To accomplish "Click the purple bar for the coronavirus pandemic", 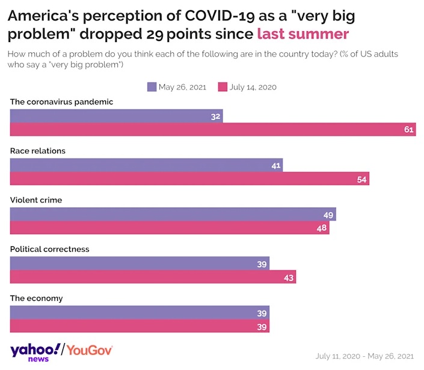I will pyautogui.click(x=117, y=116).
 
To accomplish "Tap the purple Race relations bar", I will pyautogui.click(x=146, y=165).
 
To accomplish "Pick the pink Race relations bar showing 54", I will pyautogui.click(x=189, y=179).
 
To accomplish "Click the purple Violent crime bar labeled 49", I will pyautogui.click(x=173, y=214).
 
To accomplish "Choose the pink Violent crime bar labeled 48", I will pyautogui.click(x=170, y=228).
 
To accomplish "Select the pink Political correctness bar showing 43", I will pyautogui.click(x=153, y=277).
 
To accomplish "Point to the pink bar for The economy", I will pyautogui.click(x=140, y=326).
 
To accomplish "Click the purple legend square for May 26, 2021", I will pyautogui.click(x=152, y=87).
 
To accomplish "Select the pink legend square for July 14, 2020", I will pyautogui.click(x=222, y=87).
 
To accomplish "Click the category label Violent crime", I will pyautogui.click(x=36, y=200).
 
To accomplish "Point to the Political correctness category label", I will pyautogui.click(x=49, y=249).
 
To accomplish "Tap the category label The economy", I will pyautogui.click(x=37, y=298).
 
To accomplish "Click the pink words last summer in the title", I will pyautogui.click(x=303, y=33).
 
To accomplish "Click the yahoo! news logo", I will pyautogui.click(x=35, y=352).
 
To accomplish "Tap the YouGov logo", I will pyautogui.click(x=90, y=350).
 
